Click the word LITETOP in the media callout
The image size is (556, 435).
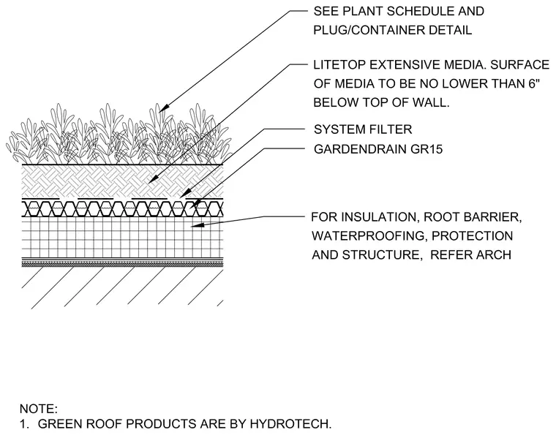[339, 65]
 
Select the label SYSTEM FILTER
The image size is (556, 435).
[363, 129]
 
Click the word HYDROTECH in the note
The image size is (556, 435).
[290, 423]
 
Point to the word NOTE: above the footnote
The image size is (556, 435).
[39, 409]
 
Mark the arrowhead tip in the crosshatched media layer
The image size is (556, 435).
[149, 183]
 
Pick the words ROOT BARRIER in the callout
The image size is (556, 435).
[473, 217]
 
